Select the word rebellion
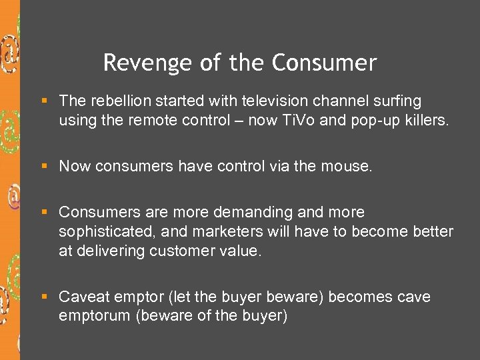tap(117, 101)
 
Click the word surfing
tap(396, 101)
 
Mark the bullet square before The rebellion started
tap(44, 101)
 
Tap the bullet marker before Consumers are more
tap(44, 213)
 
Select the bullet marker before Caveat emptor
tap(44, 297)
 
